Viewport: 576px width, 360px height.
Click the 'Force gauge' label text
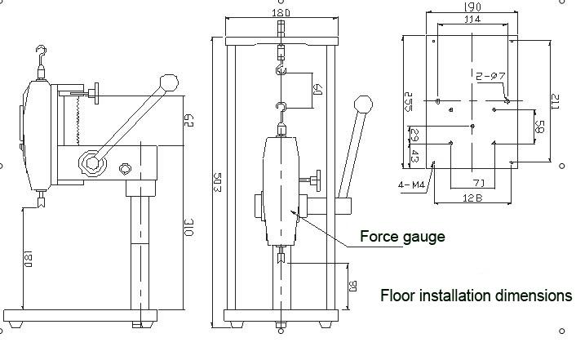402,237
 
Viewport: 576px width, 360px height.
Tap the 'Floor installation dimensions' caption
476,295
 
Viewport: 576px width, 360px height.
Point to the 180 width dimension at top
281,13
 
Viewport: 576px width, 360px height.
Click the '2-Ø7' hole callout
492,76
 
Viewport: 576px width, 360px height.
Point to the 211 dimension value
554,104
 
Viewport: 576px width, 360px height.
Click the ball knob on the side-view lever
169,82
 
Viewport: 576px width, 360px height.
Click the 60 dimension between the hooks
317,88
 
